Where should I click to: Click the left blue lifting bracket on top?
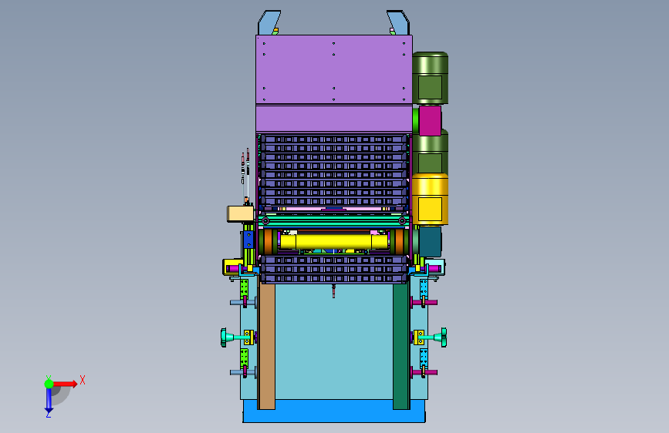tap(268, 22)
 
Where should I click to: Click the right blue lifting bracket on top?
tap(398, 22)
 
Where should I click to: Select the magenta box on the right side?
tap(430, 121)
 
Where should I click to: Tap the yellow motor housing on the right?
tap(430, 200)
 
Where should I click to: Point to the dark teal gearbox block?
tap(431, 242)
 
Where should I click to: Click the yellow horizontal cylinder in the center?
tap(333, 241)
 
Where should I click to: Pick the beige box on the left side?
tap(240, 213)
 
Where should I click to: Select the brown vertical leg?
tap(267, 346)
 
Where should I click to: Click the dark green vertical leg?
tap(401, 346)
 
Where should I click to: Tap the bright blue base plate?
tap(334, 411)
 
